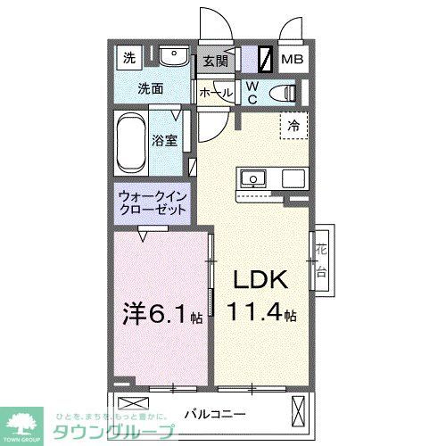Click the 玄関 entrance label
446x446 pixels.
tap(214, 62)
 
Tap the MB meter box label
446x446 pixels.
tap(293, 61)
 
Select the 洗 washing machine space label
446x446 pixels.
tap(129, 59)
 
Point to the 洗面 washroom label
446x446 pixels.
tap(149, 89)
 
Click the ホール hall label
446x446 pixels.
tap(215, 93)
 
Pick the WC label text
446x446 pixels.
tap(252, 92)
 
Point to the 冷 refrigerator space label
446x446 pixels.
tap(293, 127)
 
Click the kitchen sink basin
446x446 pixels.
tap(253, 178)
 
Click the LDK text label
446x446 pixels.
tap(260, 281)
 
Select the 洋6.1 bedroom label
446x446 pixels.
tap(161, 314)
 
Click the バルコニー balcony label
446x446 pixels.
tap(216, 414)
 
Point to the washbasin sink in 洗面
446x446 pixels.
tap(175, 59)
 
